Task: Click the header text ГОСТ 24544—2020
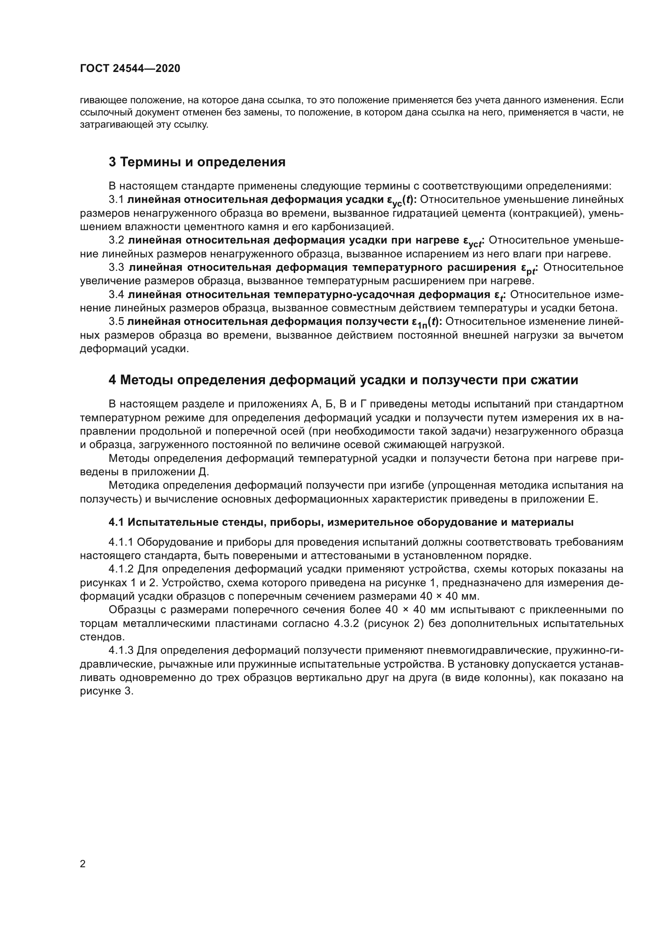pos(130,69)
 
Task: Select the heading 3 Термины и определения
pos(197,162)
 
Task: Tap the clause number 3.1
pos(116,200)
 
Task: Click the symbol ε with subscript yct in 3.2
pos(472,242)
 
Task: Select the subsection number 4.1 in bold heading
pos(116,522)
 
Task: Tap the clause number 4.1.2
pos(121,569)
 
